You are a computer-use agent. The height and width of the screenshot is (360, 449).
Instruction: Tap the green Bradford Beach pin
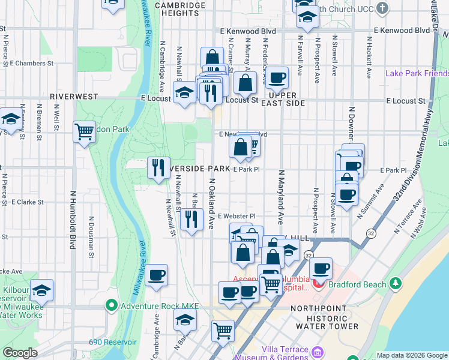click(395, 283)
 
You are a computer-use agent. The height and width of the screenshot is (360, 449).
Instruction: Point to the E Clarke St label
click(27, 202)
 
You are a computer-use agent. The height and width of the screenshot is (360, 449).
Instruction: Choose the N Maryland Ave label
click(280, 189)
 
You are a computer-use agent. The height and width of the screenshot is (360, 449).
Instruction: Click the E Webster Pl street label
click(237, 216)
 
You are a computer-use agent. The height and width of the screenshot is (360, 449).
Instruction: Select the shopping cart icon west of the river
click(84, 131)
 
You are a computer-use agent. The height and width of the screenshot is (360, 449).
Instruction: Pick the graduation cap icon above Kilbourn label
click(41, 290)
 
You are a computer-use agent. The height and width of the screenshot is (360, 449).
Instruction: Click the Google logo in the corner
click(20, 353)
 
